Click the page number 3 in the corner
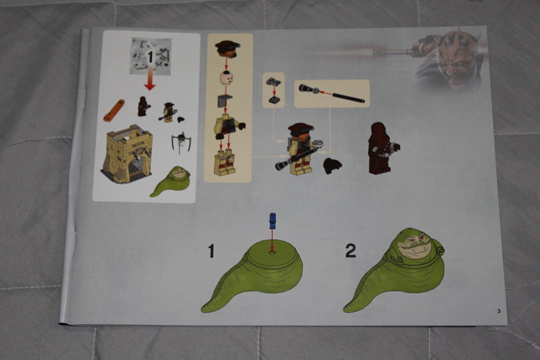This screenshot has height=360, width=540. (x=499, y=311)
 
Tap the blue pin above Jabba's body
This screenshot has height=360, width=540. (x=272, y=220)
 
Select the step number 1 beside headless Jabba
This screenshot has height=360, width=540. (x=211, y=251)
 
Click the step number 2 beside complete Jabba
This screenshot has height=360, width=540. (x=350, y=251)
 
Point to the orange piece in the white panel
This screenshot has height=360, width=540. (x=113, y=110)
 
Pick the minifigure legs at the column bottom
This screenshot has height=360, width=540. (x=225, y=163)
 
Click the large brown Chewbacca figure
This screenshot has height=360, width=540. (x=381, y=147)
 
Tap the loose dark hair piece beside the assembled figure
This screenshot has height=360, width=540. (x=332, y=165)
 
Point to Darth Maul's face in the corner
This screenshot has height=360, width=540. (x=455, y=59)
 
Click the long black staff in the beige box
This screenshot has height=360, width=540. (x=348, y=96)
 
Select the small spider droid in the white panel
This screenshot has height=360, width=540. (x=180, y=142)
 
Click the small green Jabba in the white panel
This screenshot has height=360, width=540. (x=171, y=182)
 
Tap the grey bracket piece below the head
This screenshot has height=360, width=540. (x=225, y=101)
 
